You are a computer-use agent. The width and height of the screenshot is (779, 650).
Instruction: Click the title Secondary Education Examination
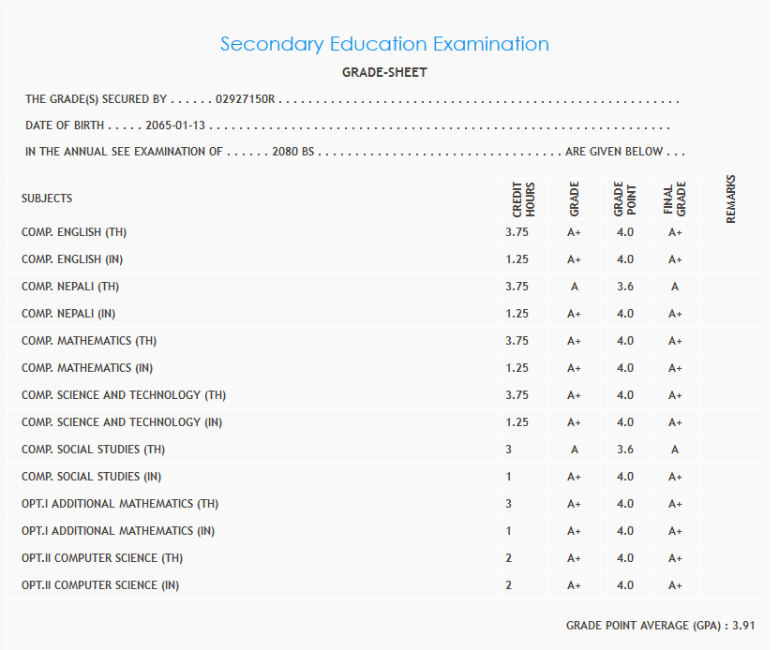click(384, 44)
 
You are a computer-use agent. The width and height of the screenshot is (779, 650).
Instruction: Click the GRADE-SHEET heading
click(384, 73)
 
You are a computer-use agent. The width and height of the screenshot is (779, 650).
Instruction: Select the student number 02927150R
click(244, 98)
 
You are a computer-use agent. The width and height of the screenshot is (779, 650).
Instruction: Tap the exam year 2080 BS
click(292, 152)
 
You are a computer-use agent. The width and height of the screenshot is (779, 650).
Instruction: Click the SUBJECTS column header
click(47, 199)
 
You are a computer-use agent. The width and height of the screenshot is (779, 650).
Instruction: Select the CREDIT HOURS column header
click(523, 199)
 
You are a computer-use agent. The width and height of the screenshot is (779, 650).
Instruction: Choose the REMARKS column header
click(731, 199)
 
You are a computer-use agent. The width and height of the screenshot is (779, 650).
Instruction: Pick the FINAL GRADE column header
click(675, 199)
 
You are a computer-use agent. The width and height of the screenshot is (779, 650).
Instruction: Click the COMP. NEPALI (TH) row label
click(70, 287)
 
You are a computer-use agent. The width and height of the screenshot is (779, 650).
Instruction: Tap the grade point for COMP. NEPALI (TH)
click(625, 287)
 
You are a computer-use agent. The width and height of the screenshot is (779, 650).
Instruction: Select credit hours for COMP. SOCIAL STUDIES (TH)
click(509, 450)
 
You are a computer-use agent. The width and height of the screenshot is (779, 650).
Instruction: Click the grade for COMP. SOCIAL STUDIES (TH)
click(575, 450)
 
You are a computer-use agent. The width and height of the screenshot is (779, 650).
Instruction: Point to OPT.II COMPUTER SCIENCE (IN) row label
click(100, 585)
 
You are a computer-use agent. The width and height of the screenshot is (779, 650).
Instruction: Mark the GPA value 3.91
click(743, 625)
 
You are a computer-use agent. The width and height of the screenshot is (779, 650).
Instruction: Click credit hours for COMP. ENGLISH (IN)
click(517, 259)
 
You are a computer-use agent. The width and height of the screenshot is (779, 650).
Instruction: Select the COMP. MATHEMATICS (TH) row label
click(89, 341)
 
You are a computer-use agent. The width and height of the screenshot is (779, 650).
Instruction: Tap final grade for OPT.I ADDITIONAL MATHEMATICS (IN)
click(675, 531)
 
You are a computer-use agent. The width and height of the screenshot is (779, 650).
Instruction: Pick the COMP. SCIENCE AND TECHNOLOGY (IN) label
click(122, 422)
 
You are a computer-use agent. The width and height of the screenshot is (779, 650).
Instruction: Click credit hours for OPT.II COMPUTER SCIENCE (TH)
click(509, 558)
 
